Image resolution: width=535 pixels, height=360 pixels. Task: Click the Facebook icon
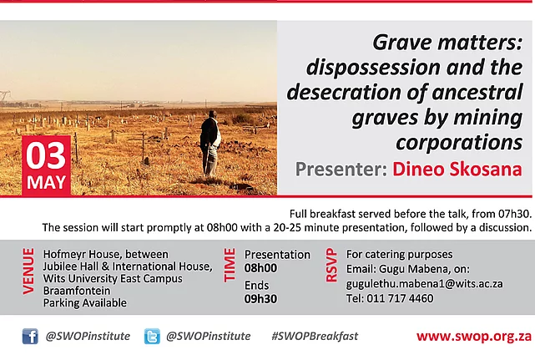[x=30, y=337]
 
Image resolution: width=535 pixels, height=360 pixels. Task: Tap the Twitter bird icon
[x=152, y=337]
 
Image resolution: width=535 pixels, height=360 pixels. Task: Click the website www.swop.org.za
[x=474, y=337]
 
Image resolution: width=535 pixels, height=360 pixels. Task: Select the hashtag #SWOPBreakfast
[x=315, y=336]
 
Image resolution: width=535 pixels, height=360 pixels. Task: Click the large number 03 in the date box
[x=46, y=155]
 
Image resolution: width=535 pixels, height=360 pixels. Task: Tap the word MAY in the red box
[x=46, y=182]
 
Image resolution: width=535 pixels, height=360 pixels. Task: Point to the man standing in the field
[x=210, y=144]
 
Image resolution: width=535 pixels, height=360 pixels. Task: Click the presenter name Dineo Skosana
[x=457, y=169]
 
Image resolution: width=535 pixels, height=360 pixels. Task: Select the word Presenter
[x=341, y=169]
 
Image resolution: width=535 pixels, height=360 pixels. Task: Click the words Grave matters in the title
[x=447, y=43]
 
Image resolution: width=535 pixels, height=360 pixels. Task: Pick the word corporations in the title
[x=459, y=143]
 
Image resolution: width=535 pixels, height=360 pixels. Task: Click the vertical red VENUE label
[x=28, y=271]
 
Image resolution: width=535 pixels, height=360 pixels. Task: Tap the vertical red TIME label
[x=230, y=265]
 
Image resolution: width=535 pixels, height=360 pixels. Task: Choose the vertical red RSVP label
[x=331, y=265]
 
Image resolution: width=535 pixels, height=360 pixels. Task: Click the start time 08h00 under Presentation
[x=260, y=268]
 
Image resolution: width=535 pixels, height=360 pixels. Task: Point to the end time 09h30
[x=260, y=299]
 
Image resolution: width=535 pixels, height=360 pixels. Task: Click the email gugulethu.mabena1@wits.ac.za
[x=425, y=284]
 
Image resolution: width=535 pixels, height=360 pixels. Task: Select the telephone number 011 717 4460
[x=400, y=298]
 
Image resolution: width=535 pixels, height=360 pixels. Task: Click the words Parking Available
[x=84, y=303]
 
